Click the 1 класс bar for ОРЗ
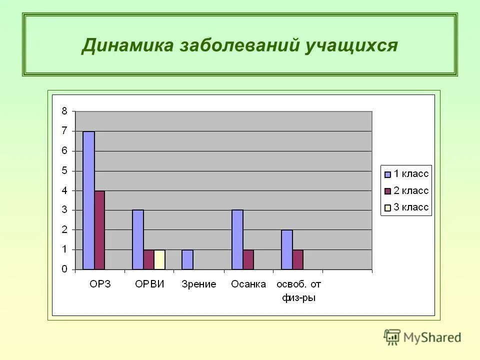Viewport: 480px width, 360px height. (x=88, y=200)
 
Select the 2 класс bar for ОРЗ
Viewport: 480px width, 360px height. (x=99, y=230)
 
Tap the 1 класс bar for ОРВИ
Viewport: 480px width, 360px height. (x=138, y=239)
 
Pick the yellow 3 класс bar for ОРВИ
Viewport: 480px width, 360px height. (x=159, y=259)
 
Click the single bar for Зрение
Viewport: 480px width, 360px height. (x=187, y=259)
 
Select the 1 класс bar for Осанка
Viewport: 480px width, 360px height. (x=237, y=239)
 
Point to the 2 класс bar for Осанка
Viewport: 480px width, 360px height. (x=248, y=259)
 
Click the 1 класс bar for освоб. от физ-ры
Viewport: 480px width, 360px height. (x=286, y=249)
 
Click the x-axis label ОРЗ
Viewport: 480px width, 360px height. (x=99, y=284)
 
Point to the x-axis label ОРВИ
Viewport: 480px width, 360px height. (x=149, y=284)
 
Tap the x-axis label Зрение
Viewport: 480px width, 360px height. (x=198, y=284)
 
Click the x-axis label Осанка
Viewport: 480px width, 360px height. (x=248, y=284)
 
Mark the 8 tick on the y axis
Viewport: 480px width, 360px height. (x=64, y=111)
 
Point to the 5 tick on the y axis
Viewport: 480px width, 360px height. (x=64, y=170)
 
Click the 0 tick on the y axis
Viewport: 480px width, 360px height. (x=64, y=269)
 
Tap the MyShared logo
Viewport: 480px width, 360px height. (x=422, y=337)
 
